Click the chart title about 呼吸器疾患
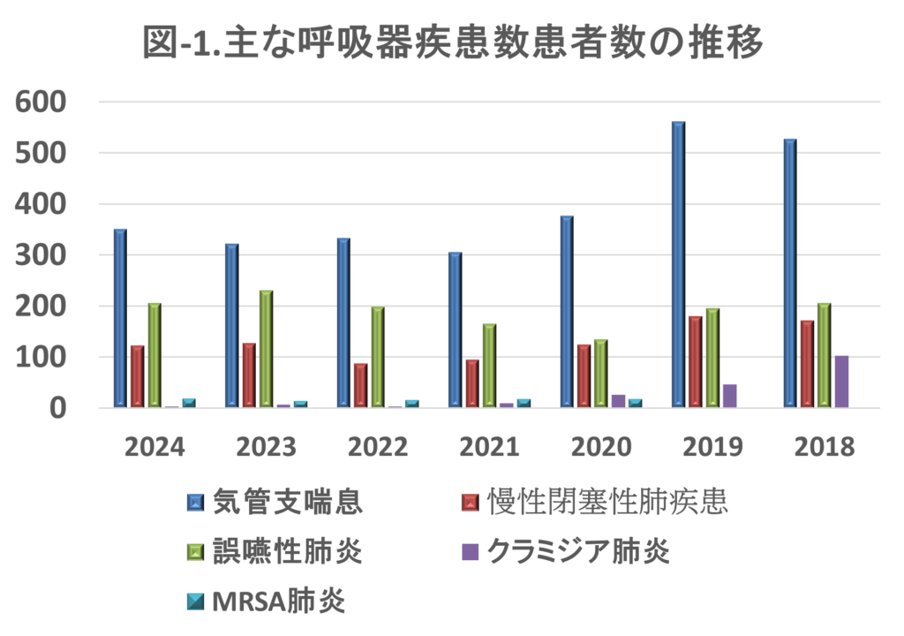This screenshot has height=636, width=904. point(452,43)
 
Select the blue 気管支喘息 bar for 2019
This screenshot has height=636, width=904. point(678,265)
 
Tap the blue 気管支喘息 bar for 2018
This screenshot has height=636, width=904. point(789,273)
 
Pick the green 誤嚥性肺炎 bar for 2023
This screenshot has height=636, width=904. point(266,349)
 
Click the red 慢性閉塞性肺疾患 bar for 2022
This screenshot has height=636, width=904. point(360,385)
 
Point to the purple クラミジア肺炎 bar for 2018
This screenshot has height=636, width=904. point(841,382)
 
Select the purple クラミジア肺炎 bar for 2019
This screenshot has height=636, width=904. point(730,396)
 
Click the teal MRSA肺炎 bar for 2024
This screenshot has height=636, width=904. point(188,403)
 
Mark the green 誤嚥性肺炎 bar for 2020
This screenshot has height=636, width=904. point(600,373)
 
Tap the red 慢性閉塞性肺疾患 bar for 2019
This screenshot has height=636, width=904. point(695,362)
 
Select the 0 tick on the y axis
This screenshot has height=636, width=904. point(57,408)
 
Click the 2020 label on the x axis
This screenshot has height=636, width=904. point(601,447)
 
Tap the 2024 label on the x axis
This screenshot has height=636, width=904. point(154,447)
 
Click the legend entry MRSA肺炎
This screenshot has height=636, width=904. point(278,602)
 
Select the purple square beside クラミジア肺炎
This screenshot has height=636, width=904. point(471,552)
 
